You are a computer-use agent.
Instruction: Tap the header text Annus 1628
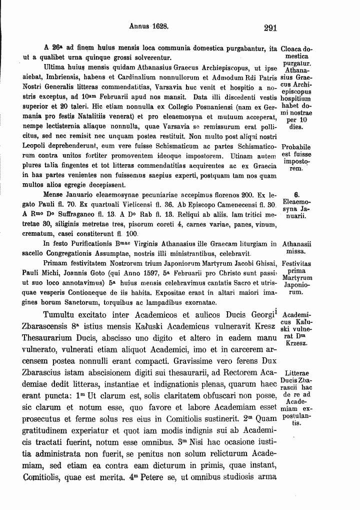coord(149,24)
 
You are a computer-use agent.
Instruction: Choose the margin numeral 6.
coord(296,196)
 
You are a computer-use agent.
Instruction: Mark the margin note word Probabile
coord(296,148)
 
